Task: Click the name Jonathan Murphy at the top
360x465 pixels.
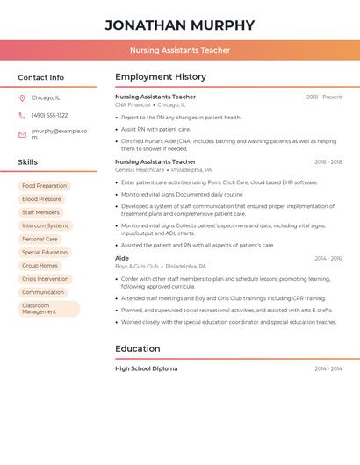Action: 180,25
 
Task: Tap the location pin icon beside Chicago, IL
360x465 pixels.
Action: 22,98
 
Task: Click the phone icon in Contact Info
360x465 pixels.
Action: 22,116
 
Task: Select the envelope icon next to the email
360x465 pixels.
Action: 22,134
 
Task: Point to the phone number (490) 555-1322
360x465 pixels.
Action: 50,116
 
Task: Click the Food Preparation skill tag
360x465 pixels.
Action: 44,186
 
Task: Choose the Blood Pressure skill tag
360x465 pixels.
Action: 41,199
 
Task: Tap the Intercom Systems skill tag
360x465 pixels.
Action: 45,225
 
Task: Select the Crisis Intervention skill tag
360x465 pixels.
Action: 45,279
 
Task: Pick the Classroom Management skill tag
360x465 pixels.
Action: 48,309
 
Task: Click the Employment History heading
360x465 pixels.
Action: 161,77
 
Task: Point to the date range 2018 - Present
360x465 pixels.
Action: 324,97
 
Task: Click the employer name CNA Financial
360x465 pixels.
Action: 133,104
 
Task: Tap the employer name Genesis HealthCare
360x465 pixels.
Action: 140,169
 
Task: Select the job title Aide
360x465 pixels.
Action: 122,259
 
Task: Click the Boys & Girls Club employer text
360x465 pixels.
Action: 137,266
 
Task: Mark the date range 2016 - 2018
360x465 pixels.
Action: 328,162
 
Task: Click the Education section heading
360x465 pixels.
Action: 138,349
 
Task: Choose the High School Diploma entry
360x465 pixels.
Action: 146,369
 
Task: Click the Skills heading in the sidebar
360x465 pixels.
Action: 28,162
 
